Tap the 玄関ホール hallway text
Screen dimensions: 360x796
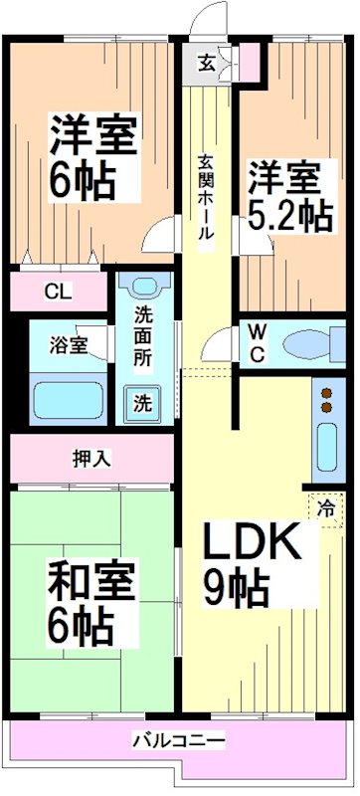tap(204, 199)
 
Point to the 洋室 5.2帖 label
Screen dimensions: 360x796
tap(288, 197)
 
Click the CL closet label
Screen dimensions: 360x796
tap(58, 293)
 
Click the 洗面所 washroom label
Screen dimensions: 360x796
tap(143, 337)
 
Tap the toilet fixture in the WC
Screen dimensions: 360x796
tap(309, 344)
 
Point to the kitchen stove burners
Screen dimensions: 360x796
tap(326, 399)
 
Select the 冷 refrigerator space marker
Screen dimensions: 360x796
tap(326, 507)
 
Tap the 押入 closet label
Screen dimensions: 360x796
tap(91, 459)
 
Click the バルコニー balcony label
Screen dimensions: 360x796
tap(179, 741)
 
